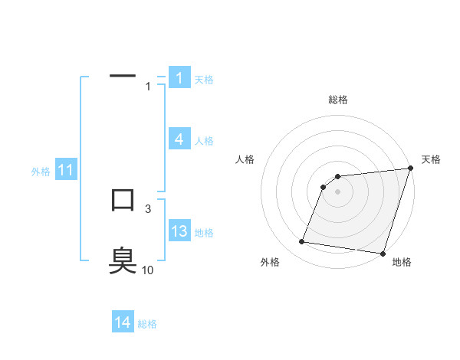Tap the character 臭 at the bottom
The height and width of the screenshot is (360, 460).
click(123, 260)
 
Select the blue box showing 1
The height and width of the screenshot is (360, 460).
click(179, 77)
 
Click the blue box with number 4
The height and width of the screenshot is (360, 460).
click(179, 139)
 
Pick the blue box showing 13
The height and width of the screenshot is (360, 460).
click(179, 231)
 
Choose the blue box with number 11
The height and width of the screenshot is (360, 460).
click(65, 170)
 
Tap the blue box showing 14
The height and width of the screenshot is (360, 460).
click(123, 322)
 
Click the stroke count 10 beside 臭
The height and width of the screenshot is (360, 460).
click(147, 270)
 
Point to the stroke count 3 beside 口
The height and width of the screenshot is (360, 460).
click(148, 208)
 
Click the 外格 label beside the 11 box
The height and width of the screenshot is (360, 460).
click(41, 172)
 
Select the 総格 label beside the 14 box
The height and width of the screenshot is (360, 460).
click(147, 324)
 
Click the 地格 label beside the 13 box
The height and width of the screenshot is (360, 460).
click(204, 233)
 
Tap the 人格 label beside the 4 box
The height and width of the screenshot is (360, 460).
click(204, 141)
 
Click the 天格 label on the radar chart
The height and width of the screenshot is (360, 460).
click(432, 159)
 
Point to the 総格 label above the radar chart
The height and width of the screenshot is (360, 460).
click(338, 100)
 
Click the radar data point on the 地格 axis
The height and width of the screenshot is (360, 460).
click(382, 253)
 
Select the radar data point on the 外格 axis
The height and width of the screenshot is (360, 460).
click(302, 242)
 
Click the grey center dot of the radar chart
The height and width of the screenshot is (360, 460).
click(337, 191)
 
